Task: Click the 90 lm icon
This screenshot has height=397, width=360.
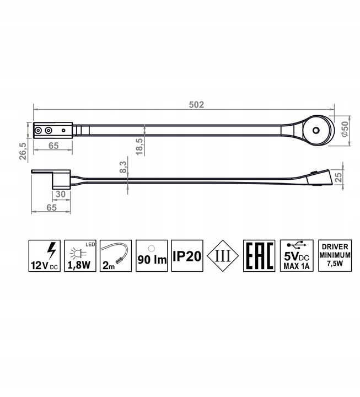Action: (152, 255)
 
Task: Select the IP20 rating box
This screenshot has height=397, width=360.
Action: (187, 255)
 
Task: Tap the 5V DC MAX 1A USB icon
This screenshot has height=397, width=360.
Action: (295, 255)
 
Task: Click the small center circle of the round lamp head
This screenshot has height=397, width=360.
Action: (316, 131)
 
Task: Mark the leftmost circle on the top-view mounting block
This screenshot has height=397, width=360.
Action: (39, 131)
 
